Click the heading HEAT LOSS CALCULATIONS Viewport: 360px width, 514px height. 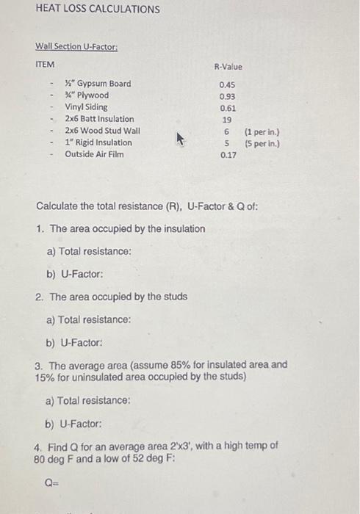pyautogui.click(x=97, y=10)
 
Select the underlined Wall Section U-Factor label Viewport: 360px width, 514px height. pyautogui.click(x=76, y=46)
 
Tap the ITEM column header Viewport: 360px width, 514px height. pyautogui.click(x=46, y=65)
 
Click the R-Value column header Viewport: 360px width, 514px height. pyautogui.click(x=228, y=67)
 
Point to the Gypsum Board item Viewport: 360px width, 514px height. pyautogui.click(x=98, y=83)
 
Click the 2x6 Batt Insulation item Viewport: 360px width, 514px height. pyautogui.click(x=99, y=118)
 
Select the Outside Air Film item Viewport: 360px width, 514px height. pyautogui.click(x=94, y=154)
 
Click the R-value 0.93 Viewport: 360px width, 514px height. pyautogui.click(x=227, y=95)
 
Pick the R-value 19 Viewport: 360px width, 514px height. pyautogui.click(x=227, y=119)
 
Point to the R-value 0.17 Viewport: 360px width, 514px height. pyautogui.click(x=227, y=155)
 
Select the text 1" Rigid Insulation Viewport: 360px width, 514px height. pyautogui.click(x=98, y=142)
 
